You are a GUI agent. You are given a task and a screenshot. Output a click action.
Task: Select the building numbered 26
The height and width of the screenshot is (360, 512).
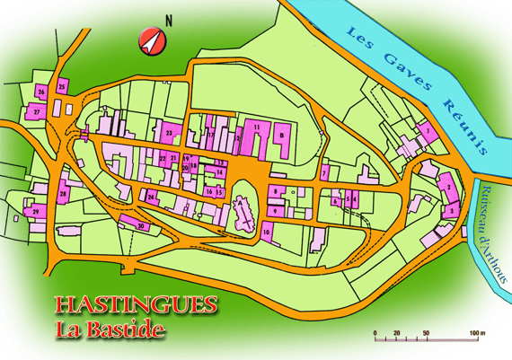41,92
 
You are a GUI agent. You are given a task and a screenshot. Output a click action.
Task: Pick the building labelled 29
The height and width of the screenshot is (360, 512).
36,211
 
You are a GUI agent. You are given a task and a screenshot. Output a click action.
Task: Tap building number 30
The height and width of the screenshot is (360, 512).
140,226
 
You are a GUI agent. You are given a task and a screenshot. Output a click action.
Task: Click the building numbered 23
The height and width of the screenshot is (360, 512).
169,133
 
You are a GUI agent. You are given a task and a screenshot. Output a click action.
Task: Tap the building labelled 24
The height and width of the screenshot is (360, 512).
152,196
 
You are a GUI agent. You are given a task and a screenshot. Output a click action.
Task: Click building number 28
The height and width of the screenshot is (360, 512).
63,194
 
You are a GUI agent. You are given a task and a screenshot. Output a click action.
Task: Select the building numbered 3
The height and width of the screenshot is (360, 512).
453,210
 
